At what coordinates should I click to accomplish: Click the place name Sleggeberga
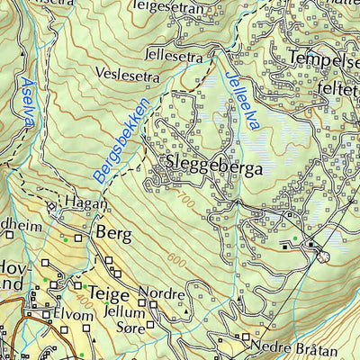(x=214, y=167)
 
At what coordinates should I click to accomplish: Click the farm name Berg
(x=112, y=235)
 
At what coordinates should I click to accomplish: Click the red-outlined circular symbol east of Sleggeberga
(x=323, y=256)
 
